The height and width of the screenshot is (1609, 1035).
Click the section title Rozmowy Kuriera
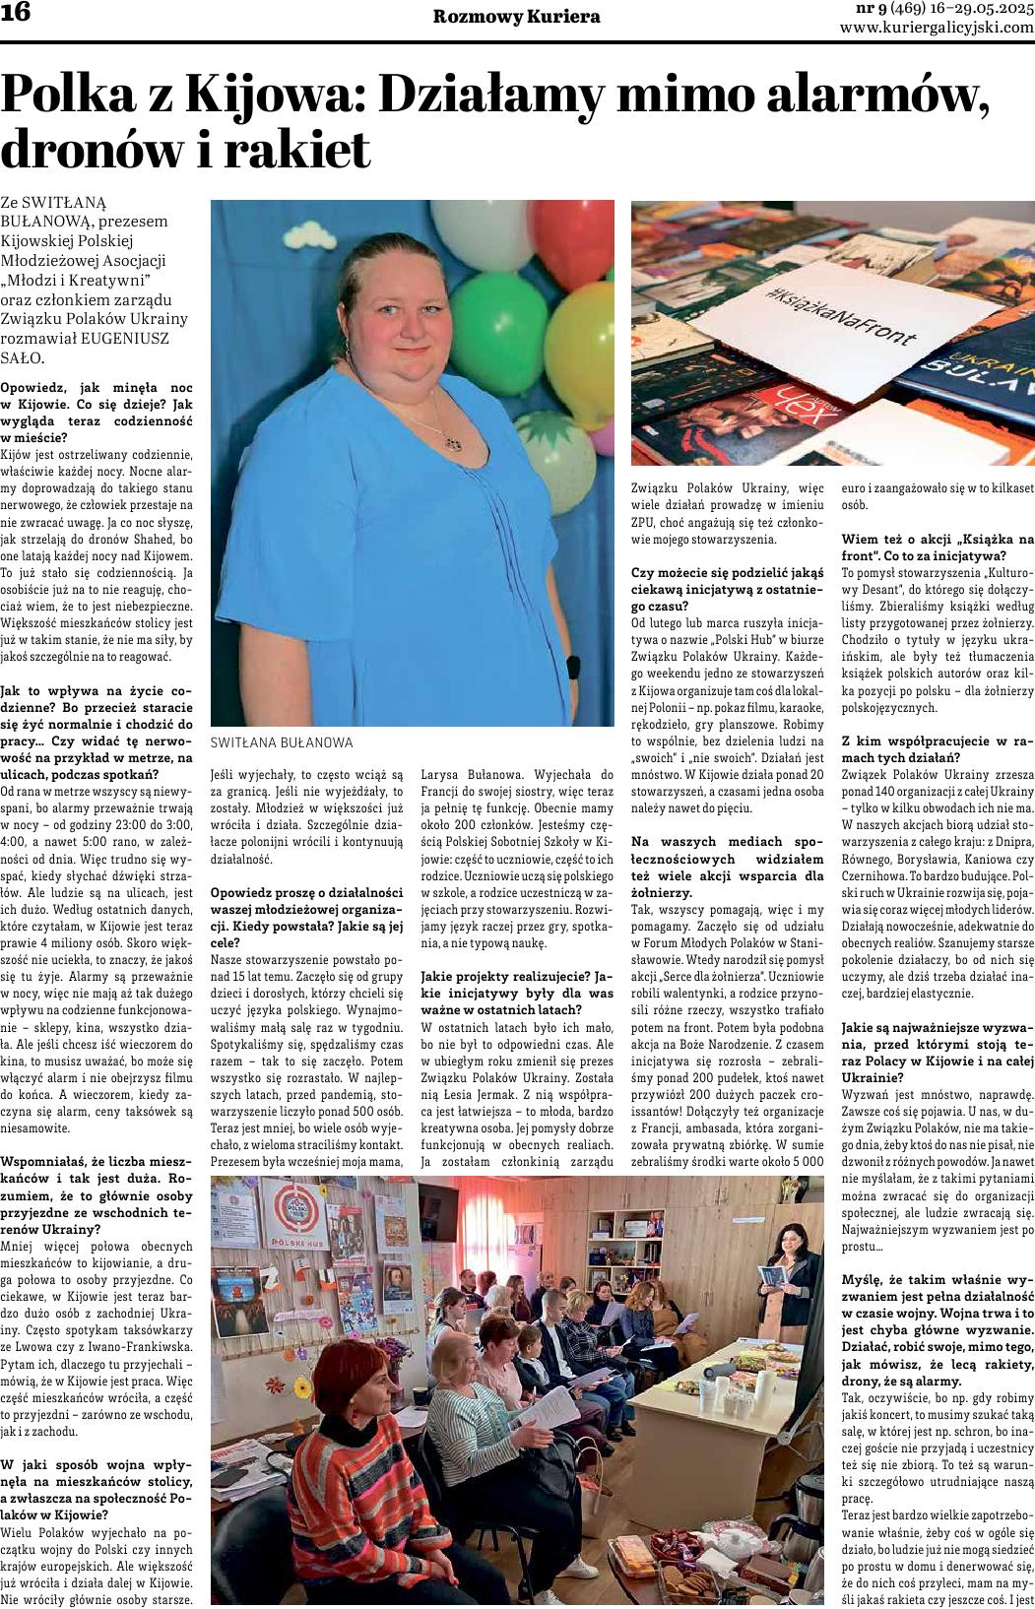(517, 17)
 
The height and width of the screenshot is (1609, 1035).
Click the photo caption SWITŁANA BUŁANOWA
(282, 742)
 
